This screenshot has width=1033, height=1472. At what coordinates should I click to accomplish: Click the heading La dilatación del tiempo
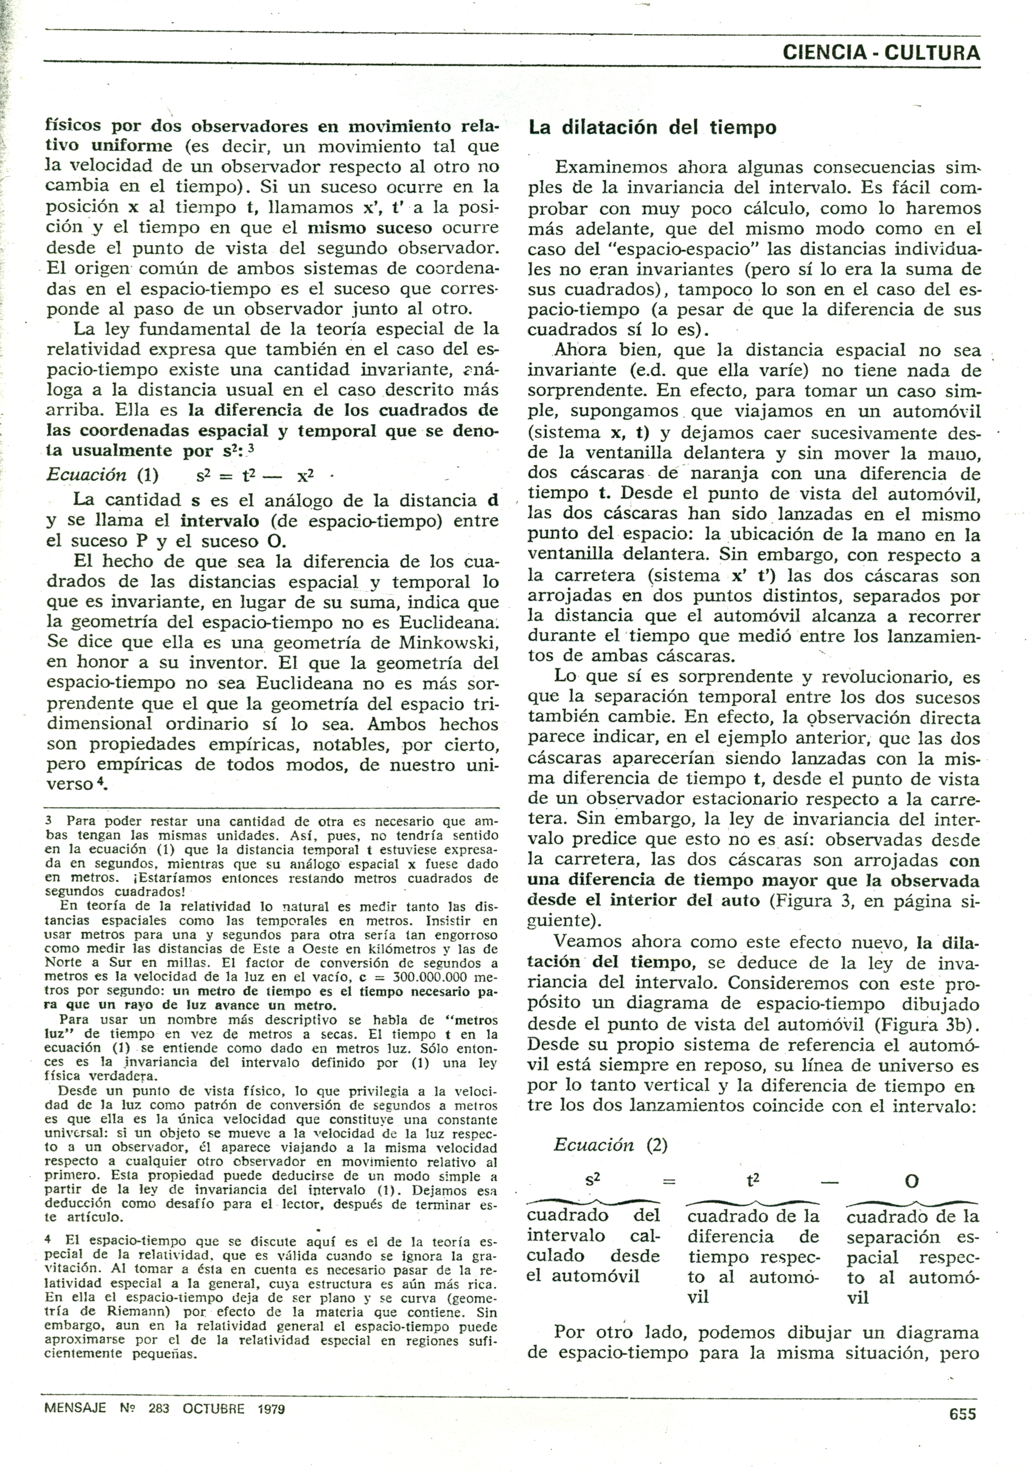[x=652, y=128]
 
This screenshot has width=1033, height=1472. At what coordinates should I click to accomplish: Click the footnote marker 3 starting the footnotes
[x=49, y=820]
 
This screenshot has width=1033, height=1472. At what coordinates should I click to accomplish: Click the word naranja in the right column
[x=721, y=474]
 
